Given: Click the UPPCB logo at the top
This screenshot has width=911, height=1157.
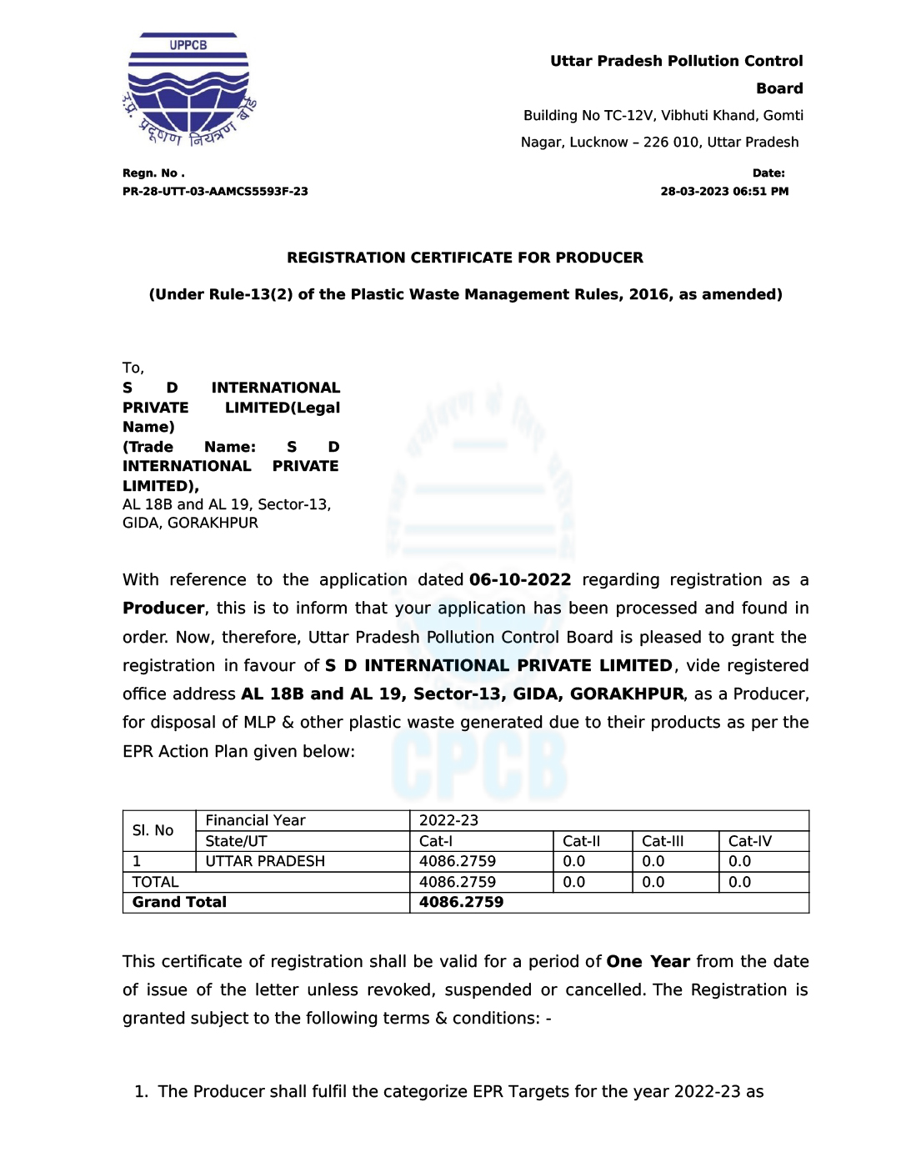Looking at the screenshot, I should [x=188, y=90].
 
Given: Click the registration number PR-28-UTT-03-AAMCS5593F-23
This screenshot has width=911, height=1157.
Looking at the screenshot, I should [x=215, y=192].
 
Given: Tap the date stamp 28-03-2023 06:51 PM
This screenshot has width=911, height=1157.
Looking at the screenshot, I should [x=724, y=192].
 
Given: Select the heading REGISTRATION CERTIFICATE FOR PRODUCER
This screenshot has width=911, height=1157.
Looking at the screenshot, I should [x=465, y=258].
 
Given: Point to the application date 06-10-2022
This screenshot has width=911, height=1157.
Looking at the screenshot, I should [x=520, y=580].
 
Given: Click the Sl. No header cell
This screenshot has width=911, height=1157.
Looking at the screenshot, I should [x=153, y=831].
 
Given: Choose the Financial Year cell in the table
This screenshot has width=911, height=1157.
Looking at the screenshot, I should [x=256, y=821].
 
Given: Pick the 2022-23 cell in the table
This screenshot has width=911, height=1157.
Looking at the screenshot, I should [x=449, y=821].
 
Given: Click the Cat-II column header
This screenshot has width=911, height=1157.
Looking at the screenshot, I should [x=582, y=841].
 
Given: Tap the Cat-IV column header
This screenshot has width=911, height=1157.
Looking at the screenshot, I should [x=750, y=841].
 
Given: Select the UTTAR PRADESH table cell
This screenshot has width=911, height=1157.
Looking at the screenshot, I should [x=265, y=862].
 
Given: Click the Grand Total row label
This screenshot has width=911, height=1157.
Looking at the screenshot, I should [x=179, y=903].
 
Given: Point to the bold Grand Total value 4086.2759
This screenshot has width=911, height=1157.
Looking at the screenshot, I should [x=461, y=903].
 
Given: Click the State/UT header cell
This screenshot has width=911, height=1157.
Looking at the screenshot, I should [x=236, y=841].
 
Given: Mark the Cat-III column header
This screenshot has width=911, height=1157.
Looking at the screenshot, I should [x=663, y=841].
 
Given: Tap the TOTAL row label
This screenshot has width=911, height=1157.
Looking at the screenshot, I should [x=156, y=882].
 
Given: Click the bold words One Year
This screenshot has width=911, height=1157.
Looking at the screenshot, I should [x=648, y=962].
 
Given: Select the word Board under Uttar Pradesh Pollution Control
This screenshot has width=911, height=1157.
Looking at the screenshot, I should [x=779, y=88].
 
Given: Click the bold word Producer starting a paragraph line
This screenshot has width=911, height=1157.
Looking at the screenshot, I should [x=163, y=609].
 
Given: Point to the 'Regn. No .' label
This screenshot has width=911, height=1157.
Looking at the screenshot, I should [x=153, y=173].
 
